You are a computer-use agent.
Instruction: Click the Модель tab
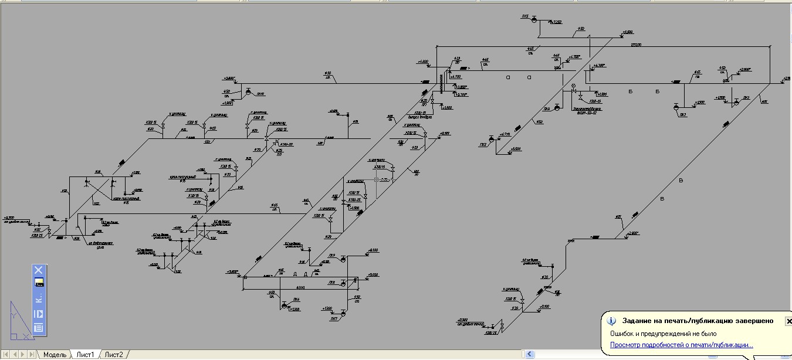(x=55, y=355)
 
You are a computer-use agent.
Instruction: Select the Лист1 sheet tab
(x=85, y=355)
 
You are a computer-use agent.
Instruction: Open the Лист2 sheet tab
(x=114, y=355)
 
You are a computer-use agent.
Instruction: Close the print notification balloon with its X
(x=788, y=321)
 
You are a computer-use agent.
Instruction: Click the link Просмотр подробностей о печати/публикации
(x=681, y=345)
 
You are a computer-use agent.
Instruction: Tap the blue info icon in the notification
(x=611, y=321)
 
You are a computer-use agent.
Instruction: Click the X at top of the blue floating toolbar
(x=38, y=270)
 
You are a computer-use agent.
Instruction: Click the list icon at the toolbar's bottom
(x=38, y=328)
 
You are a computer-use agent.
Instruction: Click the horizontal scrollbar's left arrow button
(x=530, y=355)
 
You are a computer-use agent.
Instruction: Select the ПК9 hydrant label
(x=332, y=255)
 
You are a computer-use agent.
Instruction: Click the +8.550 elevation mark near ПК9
(x=373, y=251)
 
